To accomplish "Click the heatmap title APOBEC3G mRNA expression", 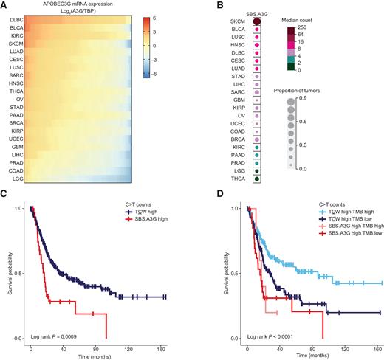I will click(83, 5).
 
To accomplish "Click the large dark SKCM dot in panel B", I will click(256, 21).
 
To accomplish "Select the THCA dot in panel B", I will click(256, 177).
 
